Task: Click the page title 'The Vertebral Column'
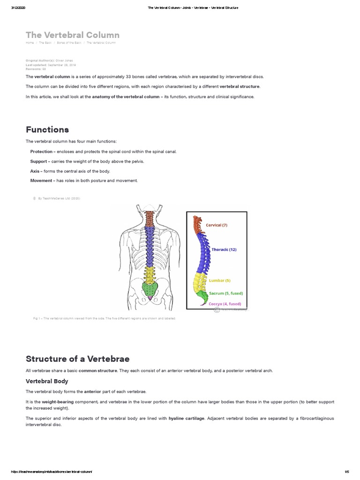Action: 72,35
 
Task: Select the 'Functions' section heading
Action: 47,129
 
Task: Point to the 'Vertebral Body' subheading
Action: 47,381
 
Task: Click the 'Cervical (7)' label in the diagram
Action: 217,225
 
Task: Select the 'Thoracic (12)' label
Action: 224,249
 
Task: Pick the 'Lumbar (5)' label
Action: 219,280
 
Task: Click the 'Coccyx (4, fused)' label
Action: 225,304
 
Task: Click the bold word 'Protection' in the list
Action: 41,152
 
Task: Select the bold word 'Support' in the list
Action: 38,161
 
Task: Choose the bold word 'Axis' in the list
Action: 35,171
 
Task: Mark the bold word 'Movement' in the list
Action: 41,180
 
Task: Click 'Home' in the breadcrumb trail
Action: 30,43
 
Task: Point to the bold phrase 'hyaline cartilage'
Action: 186,418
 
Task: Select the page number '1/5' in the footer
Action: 347,472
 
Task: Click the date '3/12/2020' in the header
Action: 17,8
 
